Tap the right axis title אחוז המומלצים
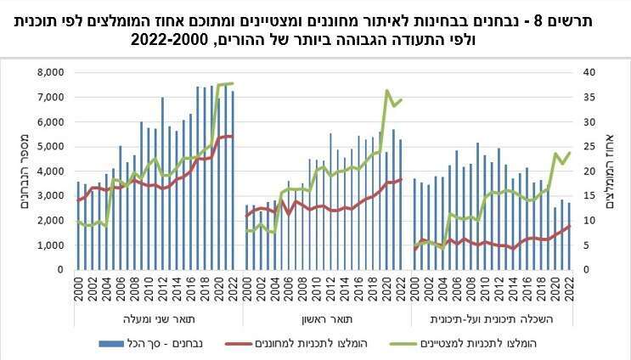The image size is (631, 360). (x=614, y=170)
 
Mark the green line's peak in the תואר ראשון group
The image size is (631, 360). (x=387, y=90)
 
